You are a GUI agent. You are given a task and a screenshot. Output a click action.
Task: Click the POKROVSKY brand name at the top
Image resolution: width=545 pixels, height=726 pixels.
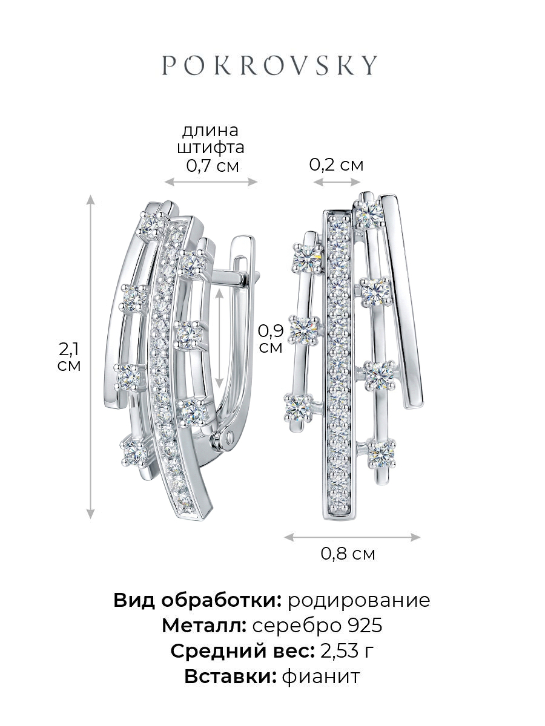(269, 65)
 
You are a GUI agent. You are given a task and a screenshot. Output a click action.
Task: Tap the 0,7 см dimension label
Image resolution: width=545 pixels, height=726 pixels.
(213, 166)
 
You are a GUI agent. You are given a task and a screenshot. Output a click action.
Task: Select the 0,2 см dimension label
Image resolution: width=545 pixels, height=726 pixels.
(337, 165)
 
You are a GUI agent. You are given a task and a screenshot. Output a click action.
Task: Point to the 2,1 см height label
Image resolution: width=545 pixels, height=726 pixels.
(69, 357)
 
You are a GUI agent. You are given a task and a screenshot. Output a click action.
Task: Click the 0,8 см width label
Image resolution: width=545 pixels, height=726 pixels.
(348, 554)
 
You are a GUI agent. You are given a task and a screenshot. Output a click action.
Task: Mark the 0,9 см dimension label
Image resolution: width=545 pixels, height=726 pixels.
(271, 339)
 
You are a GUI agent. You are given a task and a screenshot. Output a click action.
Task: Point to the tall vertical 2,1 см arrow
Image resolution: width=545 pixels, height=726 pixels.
(90, 357)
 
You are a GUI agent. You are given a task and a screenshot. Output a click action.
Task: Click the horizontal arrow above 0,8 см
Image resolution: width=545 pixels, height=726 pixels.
(352, 537)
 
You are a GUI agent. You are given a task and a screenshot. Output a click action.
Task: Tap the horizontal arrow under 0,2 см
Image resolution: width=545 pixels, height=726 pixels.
(337, 181)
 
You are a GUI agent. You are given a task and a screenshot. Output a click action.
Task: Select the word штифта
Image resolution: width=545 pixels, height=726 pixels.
(211, 148)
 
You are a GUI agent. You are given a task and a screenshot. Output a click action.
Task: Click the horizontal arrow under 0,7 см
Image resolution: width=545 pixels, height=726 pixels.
(211, 181)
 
